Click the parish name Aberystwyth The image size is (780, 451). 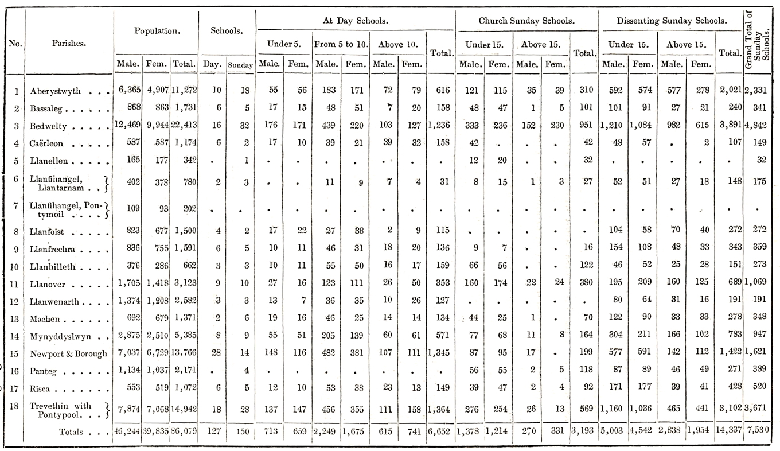tap(55, 91)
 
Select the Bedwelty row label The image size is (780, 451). tap(48, 126)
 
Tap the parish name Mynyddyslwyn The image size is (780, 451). tap(61, 337)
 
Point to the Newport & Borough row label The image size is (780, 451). tap(69, 354)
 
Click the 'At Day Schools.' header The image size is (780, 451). tap(356, 21)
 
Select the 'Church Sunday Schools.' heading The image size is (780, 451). tap(526, 21)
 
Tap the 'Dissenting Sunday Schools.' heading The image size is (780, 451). tap(672, 21)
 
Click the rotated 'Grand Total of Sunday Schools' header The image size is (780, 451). tap(758, 40)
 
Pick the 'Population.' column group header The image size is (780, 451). tap(157, 31)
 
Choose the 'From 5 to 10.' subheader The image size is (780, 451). tap(341, 44)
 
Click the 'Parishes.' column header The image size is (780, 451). tap(69, 43)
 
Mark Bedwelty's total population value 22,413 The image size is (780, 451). tap(184, 125)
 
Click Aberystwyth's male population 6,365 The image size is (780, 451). tap(130, 90)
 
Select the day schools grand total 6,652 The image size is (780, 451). tap(439, 431)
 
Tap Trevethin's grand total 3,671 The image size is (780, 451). tap(756, 407)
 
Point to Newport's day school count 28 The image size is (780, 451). tap(216, 352)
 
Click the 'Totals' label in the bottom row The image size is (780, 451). tap(71, 432)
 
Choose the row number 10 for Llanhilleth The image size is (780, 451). tap(14, 267)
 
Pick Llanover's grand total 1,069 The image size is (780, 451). tap(756, 282)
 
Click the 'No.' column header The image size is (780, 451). tap(15, 44)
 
